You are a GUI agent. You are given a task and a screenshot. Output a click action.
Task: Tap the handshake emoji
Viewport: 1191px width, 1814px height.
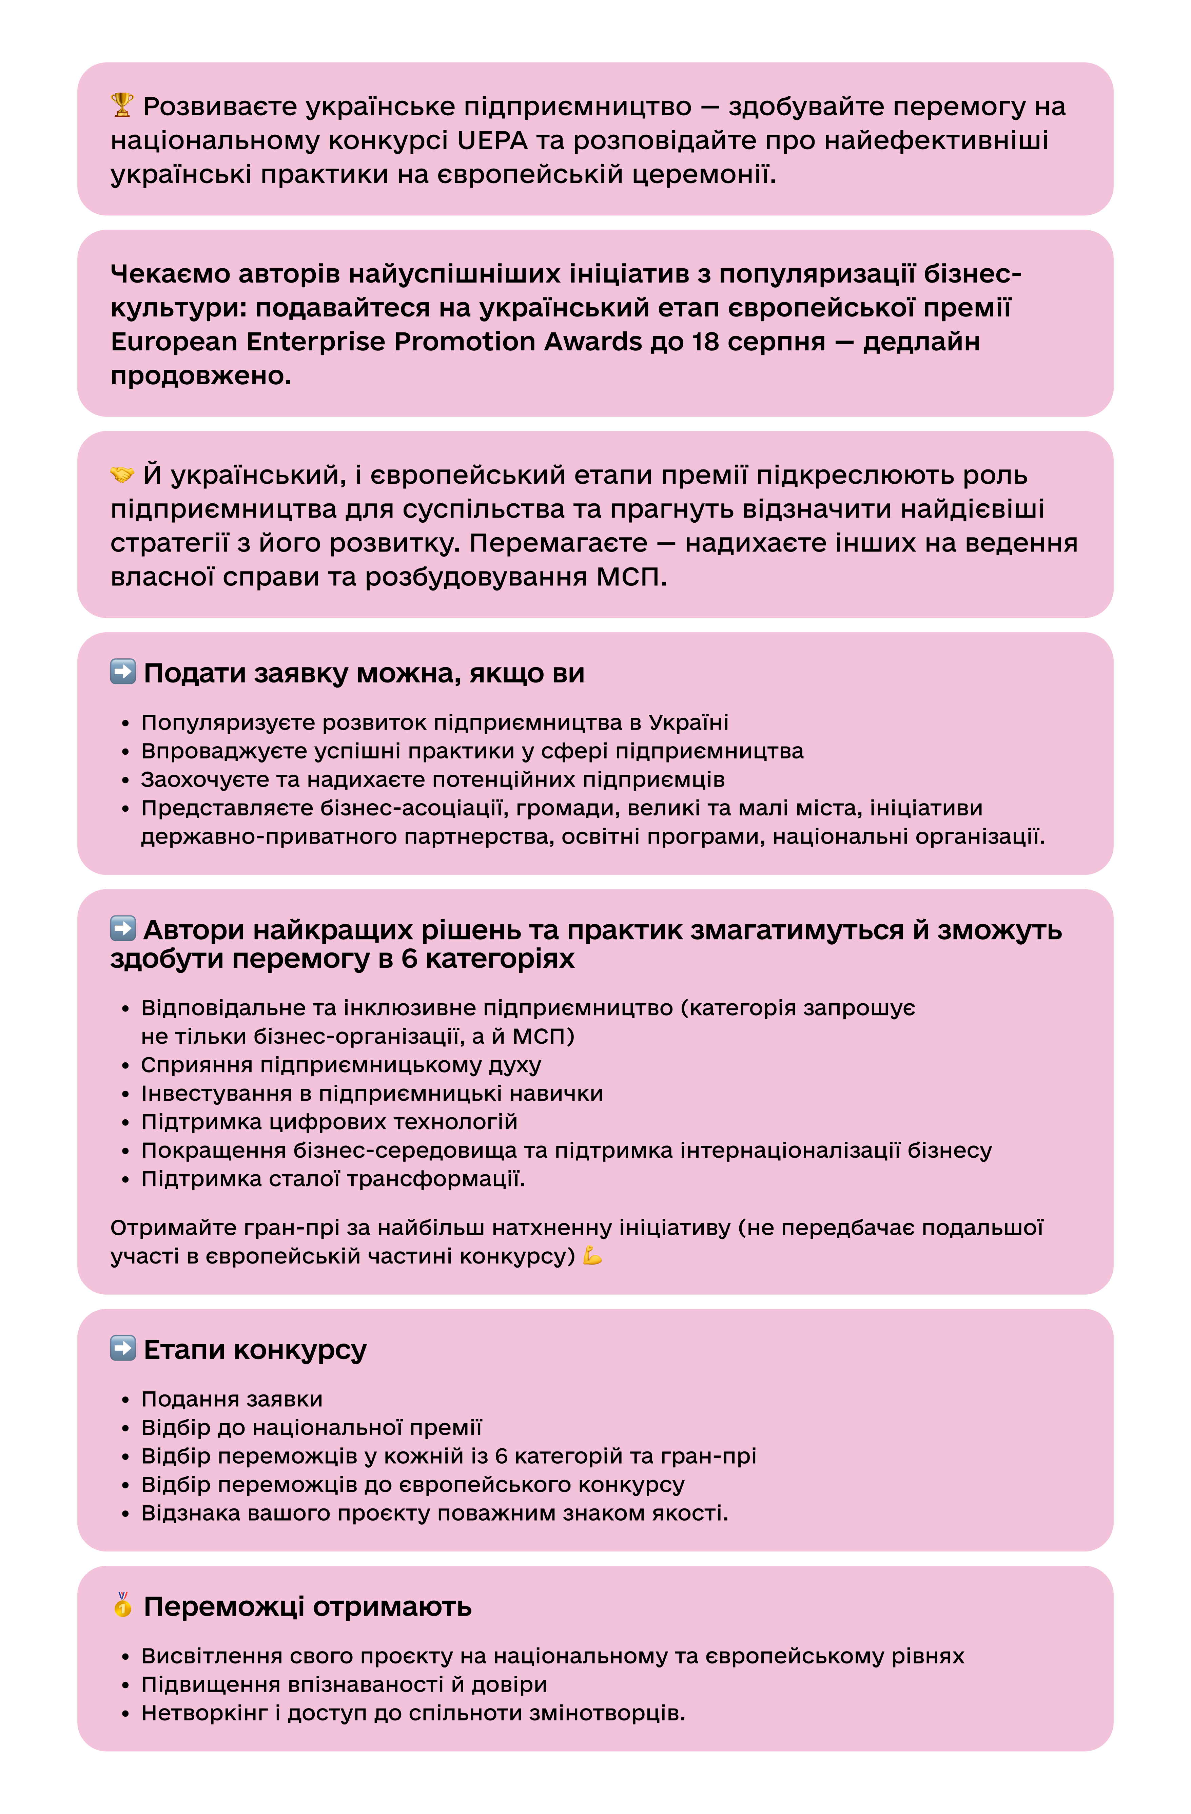pyautogui.click(x=122, y=474)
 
